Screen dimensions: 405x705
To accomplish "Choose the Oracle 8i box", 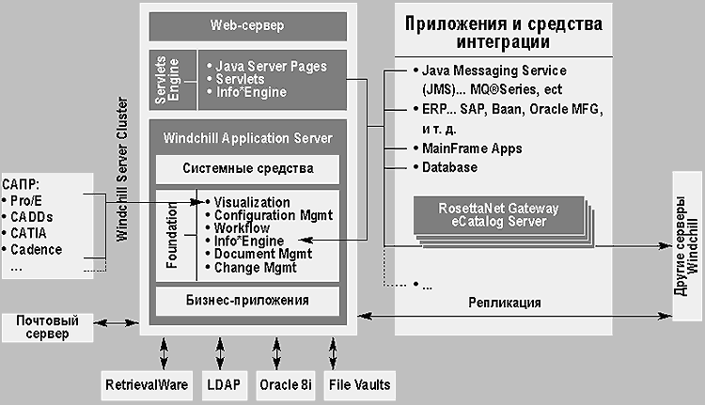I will point(286,383).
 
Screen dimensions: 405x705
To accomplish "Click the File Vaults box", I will point(358,383).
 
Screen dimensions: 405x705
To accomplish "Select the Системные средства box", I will point(247,169).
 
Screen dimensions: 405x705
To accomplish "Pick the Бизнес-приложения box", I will point(247,301).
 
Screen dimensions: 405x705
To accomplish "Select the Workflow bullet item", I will point(241,228).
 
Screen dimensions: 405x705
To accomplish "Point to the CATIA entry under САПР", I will point(31,232).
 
